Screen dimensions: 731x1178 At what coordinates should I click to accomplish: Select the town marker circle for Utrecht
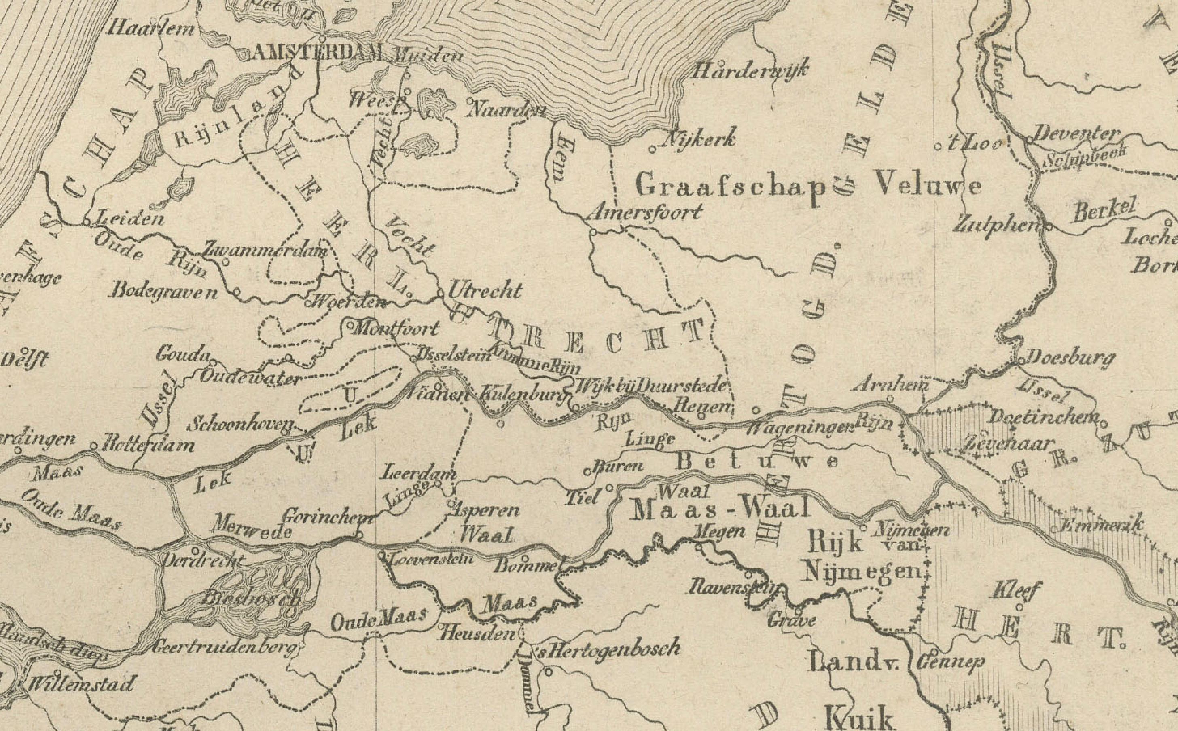coord(441,294)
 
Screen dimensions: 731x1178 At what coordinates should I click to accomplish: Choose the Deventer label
coord(1077,134)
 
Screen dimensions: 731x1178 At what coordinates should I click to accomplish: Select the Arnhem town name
coord(893,385)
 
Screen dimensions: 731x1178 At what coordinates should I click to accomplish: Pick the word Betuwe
coord(757,462)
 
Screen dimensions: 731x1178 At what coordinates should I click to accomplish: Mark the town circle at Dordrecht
coord(195,551)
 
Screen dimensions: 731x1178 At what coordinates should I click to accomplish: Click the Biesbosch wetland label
coord(250,598)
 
